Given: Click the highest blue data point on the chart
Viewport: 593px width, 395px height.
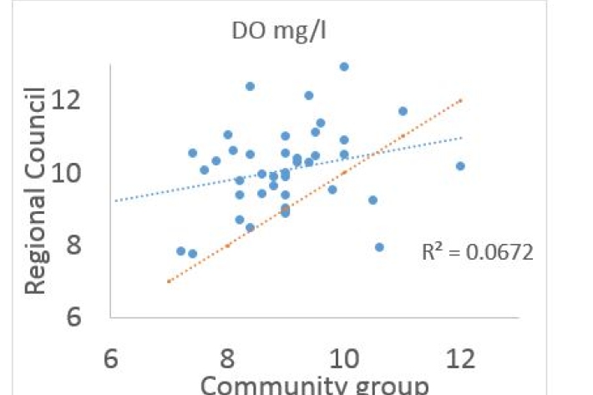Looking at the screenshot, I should pyautogui.click(x=344, y=67).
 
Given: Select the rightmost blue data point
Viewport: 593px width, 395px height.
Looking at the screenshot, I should pyautogui.click(x=460, y=166).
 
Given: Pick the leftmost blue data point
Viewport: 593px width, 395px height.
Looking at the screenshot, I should pyautogui.click(x=180, y=251).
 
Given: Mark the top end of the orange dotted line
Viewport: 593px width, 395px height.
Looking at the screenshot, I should pyautogui.click(x=460, y=100).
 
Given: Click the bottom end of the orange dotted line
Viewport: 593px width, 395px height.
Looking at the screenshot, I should pyautogui.click(x=170, y=281).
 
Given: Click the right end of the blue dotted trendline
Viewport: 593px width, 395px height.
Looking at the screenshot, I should pyautogui.click(x=460, y=138).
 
